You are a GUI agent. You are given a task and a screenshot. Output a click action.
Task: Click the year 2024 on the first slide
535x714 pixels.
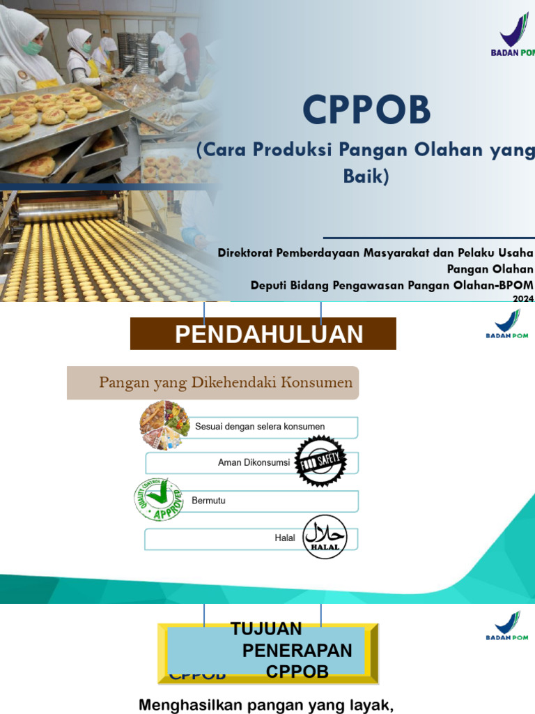click(523, 299)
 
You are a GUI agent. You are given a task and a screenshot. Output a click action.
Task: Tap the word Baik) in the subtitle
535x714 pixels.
click(366, 177)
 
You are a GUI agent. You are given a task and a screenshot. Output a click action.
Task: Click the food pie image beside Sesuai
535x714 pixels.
click(164, 425)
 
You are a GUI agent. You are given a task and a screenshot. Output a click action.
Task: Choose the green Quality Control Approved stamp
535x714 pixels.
click(159, 499)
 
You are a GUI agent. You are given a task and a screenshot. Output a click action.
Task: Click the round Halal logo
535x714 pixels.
click(325, 538)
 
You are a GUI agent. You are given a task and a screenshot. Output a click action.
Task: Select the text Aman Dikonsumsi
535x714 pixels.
click(254, 462)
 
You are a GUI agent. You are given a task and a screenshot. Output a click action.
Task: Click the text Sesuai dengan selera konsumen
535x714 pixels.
click(259, 426)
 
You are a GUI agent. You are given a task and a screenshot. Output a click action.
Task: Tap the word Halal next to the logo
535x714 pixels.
click(285, 538)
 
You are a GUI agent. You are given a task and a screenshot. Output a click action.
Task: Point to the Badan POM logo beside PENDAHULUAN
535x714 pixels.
click(507, 324)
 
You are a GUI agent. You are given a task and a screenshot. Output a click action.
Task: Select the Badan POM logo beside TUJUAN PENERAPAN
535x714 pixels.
click(507, 625)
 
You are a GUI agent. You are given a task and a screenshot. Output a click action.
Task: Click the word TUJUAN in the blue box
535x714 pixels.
click(267, 629)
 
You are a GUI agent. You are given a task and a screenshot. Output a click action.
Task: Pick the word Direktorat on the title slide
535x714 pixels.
click(248, 252)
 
